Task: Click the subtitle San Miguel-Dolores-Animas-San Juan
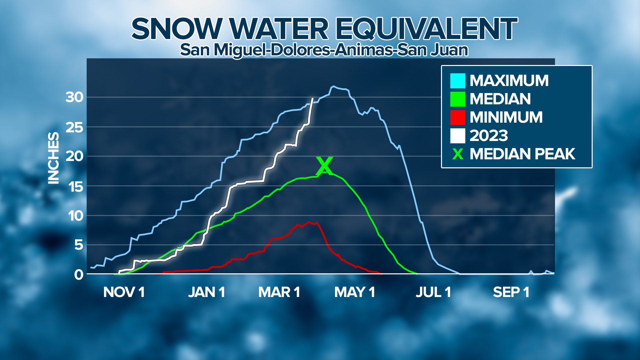point(324,50)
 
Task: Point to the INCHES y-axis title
point(53,158)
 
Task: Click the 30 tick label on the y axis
point(74,97)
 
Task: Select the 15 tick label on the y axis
point(74,186)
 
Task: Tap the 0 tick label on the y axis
point(79,275)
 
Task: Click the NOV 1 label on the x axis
point(124,292)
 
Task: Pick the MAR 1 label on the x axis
point(279,292)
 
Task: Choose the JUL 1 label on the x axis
point(433,292)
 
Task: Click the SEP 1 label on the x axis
point(511,292)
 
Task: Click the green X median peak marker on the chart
point(324,166)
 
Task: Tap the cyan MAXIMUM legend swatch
point(458,81)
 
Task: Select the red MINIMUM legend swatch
point(458,117)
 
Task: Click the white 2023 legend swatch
point(458,136)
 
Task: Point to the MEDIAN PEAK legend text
point(522,154)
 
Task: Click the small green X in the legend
point(458,154)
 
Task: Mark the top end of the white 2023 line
point(312,98)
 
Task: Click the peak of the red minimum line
point(309,222)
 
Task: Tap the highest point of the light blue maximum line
point(333,86)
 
